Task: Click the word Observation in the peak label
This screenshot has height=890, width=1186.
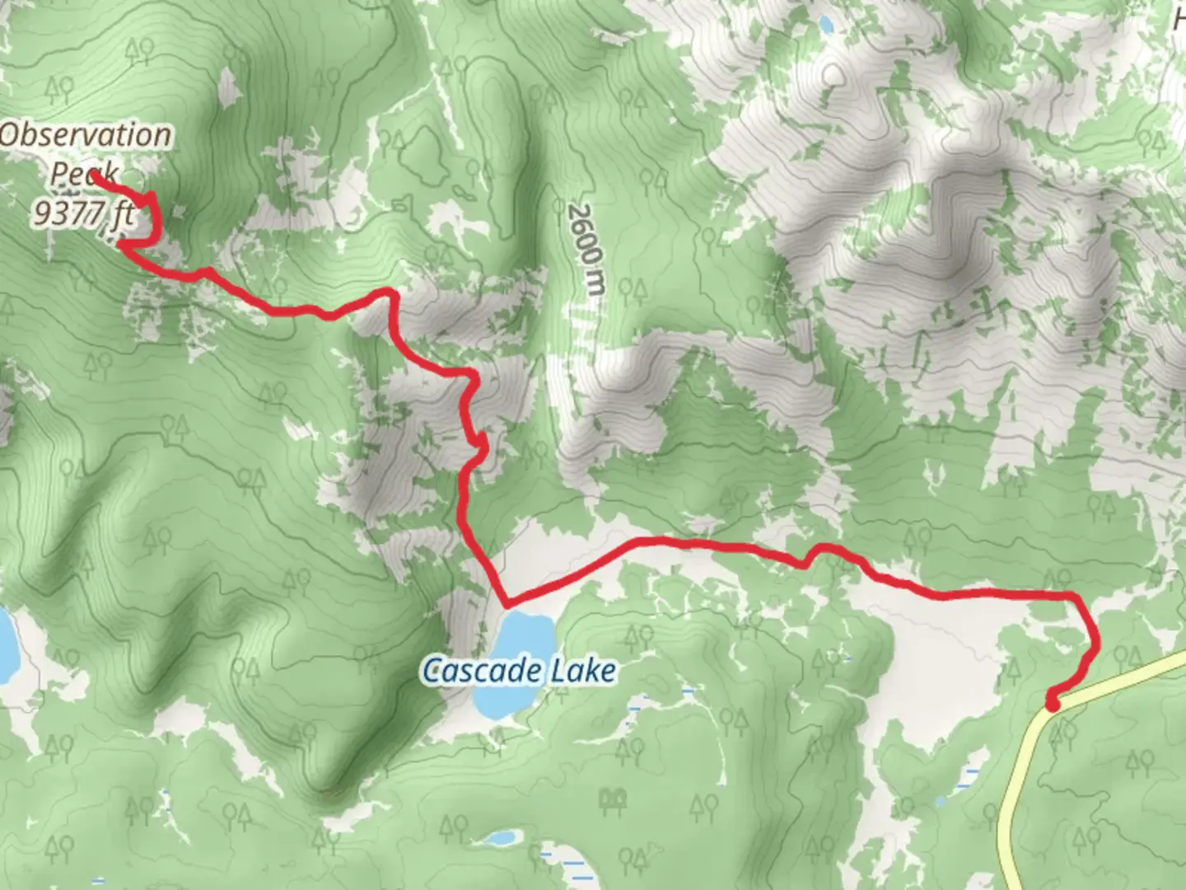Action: [86, 135]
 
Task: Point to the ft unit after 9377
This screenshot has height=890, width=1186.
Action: [123, 214]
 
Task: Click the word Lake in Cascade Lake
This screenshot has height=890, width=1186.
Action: [584, 671]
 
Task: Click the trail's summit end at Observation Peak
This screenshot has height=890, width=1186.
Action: [94, 175]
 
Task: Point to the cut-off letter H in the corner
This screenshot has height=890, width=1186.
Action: [1179, 18]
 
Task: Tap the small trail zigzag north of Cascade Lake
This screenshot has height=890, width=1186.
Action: [479, 445]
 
